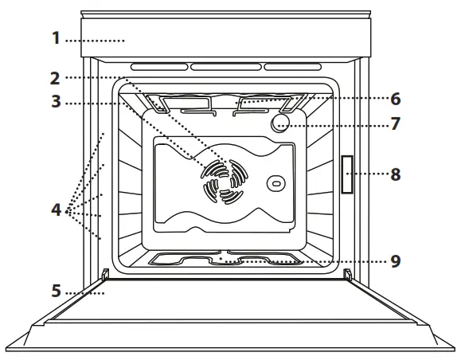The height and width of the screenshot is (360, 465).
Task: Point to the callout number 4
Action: click(x=56, y=211)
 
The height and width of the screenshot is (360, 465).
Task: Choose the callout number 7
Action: click(x=396, y=124)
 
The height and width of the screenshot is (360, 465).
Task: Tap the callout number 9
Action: click(x=396, y=259)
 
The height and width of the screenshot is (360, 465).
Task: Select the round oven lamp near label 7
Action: click(x=279, y=123)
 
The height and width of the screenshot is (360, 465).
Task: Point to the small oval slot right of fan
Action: click(x=275, y=183)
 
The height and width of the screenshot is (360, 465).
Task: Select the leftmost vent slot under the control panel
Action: click(x=154, y=67)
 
